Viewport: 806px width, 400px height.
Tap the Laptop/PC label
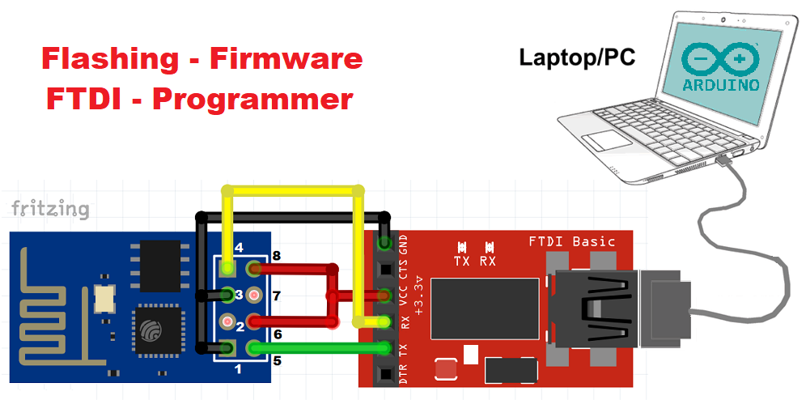(x=576, y=57)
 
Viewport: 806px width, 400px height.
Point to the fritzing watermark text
(x=50, y=209)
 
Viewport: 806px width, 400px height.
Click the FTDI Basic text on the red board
(x=571, y=241)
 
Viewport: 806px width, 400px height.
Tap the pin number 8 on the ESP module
(x=276, y=257)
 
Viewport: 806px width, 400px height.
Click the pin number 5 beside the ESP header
(x=276, y=360)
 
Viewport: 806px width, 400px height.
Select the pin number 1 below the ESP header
(x=237, y=370)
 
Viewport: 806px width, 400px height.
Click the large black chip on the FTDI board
(x=484, y=308)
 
